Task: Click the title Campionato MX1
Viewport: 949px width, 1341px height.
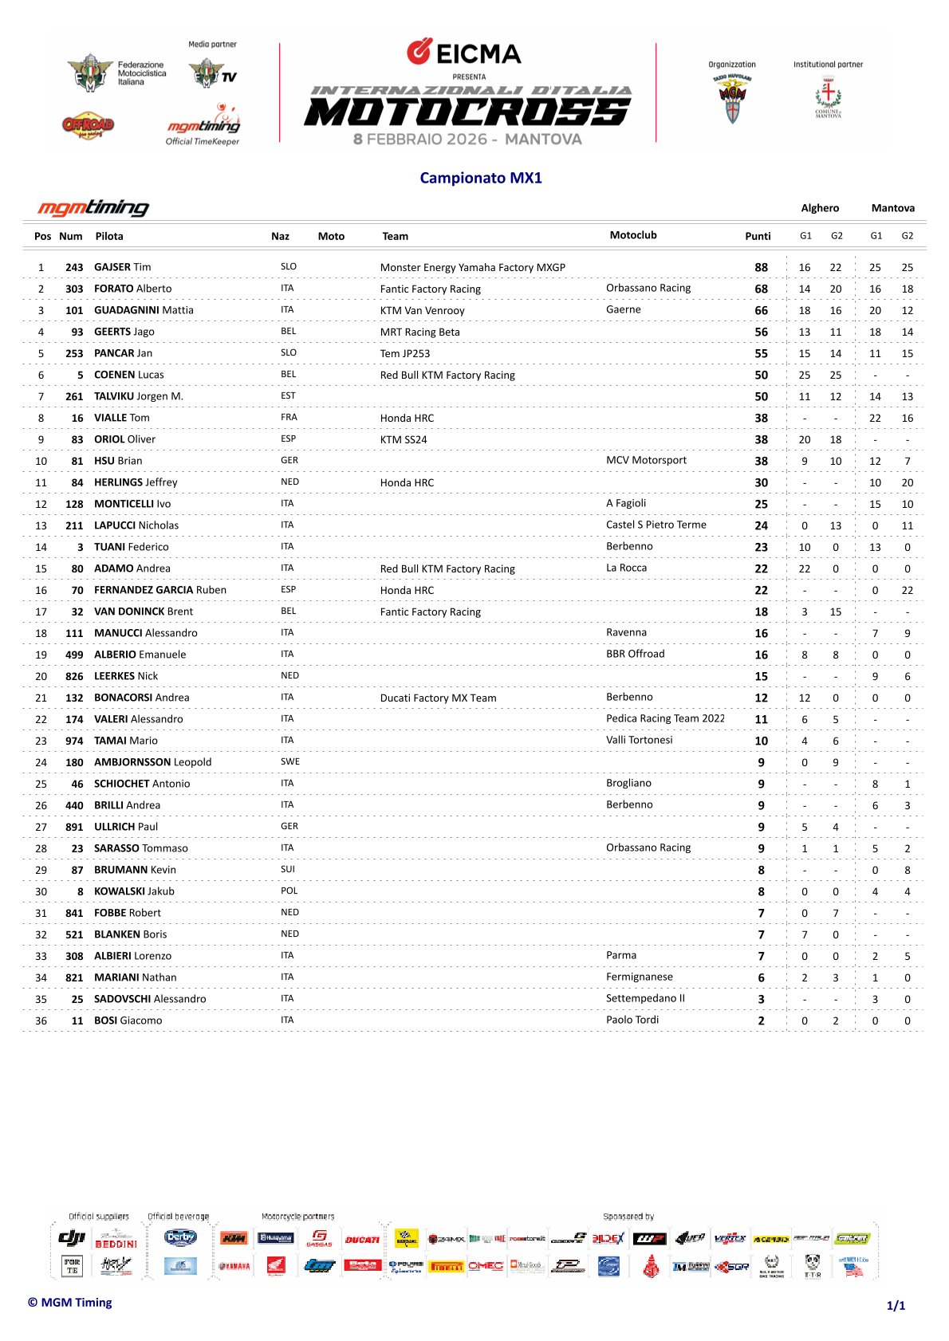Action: pos(481,178)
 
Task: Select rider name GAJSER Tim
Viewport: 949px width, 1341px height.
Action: pos(122,267)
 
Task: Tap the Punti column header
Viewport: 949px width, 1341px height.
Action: pos(758,236)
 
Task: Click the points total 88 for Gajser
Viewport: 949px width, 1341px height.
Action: pos(762,268)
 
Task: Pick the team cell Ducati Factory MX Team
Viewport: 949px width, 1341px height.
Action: pos(438,698)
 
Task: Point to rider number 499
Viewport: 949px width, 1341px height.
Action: pos(74,655)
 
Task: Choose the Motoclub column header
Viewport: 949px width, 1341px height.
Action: pos(633,235)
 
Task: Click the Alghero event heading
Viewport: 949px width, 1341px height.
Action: pos(820,208)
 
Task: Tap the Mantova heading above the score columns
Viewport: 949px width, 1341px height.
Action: pos(892,208)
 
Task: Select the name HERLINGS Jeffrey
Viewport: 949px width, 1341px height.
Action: pos(136,482)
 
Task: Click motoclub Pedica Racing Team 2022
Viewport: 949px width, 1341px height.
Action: pos(665,718)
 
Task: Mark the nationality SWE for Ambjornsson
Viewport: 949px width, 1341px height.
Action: pos(290,761)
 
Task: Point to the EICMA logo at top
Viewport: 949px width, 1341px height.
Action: pos(464,53)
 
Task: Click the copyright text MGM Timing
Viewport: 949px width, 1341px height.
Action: pos(70,1303)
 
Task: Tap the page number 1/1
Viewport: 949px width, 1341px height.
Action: pos(896,1306)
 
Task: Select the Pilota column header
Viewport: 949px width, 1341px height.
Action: pos(109,236)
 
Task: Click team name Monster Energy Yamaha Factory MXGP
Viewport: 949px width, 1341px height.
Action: pos(472,268)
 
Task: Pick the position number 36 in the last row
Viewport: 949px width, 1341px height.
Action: pos(41,1020)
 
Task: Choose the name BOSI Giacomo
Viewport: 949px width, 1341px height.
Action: pos(128,1020)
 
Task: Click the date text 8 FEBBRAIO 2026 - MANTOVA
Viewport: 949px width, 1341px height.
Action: pos(467,140)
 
